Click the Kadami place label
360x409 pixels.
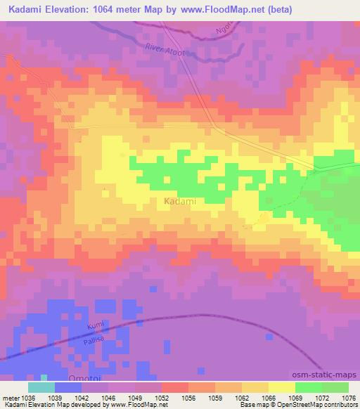click(179, 202)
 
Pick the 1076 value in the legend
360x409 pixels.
click(349, 398)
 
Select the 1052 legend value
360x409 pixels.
click(162, 398)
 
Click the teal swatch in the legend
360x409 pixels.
click(41, 387)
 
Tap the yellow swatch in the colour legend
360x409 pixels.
click(281, 387)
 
